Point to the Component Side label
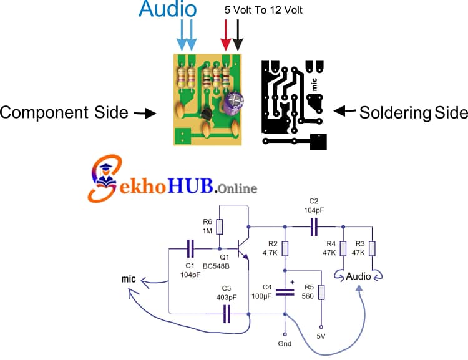(x=64, y=113)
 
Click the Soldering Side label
(x=413, y=112)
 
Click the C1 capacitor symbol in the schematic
(x=190, y=250)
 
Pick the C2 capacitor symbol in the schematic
(x=314, y=226)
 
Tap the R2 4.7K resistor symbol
(x=285, y=248)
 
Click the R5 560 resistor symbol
(x=321, y=293)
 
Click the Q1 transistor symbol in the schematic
(x=243, y=246)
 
